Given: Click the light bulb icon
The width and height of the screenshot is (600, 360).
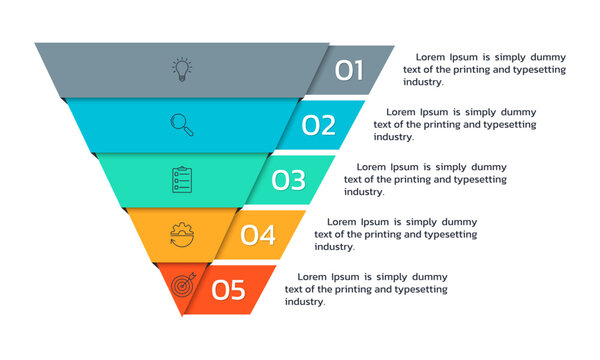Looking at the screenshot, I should pos(182,69).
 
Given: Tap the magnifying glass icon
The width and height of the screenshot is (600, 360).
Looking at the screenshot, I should pos(182,124).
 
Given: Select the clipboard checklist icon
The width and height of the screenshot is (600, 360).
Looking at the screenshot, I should pos(182,180).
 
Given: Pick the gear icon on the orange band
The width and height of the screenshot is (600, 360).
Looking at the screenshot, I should pos(182,235).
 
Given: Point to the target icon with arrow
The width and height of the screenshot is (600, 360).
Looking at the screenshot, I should pos(182,286).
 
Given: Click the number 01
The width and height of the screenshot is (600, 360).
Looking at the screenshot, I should pos(349,70).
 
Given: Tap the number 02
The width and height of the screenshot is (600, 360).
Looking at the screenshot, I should pos(319,125).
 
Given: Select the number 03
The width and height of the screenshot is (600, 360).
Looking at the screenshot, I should pos(288,180).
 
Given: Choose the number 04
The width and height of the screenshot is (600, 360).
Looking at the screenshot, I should pos(258,235).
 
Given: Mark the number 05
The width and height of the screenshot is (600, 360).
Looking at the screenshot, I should pos(228,290).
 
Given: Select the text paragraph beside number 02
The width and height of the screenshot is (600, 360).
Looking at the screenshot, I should pos(455,125).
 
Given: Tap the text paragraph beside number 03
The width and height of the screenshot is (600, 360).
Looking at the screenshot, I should pos(425,179).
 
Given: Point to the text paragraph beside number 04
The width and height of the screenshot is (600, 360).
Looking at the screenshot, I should pos(396,234).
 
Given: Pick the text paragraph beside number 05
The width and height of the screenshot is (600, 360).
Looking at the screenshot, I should pos(366,289).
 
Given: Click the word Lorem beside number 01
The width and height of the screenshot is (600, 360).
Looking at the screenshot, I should pos(433,58).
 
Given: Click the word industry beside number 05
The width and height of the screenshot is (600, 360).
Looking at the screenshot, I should pos(305,301).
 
